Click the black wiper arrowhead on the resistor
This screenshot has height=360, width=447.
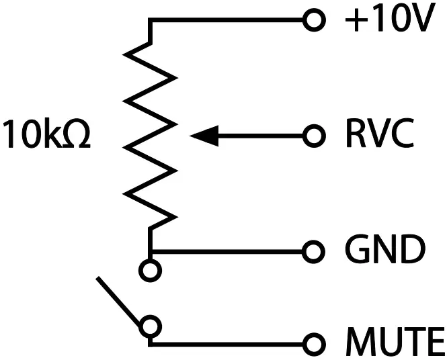[204, 136]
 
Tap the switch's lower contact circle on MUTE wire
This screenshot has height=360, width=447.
[151, 326]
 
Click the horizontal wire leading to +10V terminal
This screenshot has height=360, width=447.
[229, 20]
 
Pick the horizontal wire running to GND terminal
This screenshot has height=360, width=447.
[229, 251]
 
